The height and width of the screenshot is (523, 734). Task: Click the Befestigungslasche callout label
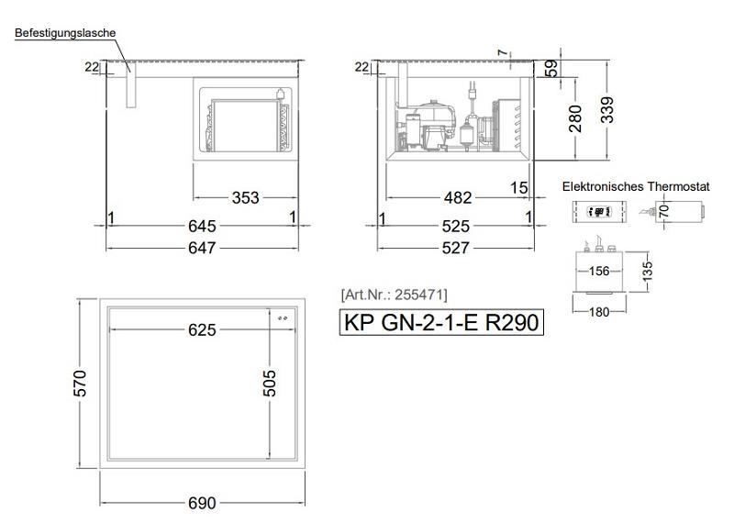click(x=65, y=33)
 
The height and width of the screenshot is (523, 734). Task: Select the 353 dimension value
click(x=245, y=197)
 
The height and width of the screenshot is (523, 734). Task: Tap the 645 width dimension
click(x=202, y=226)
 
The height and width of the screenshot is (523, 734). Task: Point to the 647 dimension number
click(x=202, y=248)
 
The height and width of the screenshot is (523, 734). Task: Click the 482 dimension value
click(x=457, y=197)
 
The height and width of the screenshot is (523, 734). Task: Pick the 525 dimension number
click(x=455, y=227)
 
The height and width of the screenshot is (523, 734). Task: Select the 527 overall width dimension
click(x=455, y=248)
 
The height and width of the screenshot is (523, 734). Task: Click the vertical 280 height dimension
click(x=575, y=118)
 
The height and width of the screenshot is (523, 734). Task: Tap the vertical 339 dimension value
click(x=606, y=110)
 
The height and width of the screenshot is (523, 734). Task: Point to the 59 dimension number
click(x=552, y=69)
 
